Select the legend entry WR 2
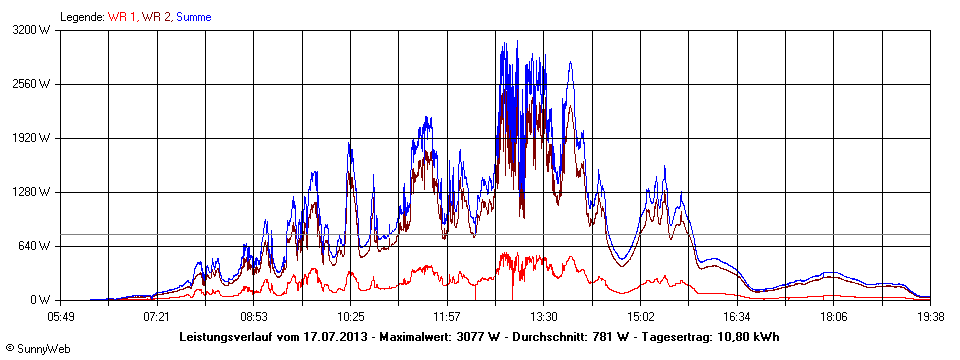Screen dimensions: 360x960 [156, 17]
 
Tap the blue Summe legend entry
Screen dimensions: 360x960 [194, 17]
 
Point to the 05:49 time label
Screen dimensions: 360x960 [61, 316]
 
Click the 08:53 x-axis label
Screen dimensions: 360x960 [254, 316]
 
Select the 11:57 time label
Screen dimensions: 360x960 [447, 316]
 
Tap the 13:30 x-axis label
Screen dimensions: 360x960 [543, 316]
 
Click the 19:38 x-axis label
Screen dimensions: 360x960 [930, 316]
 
